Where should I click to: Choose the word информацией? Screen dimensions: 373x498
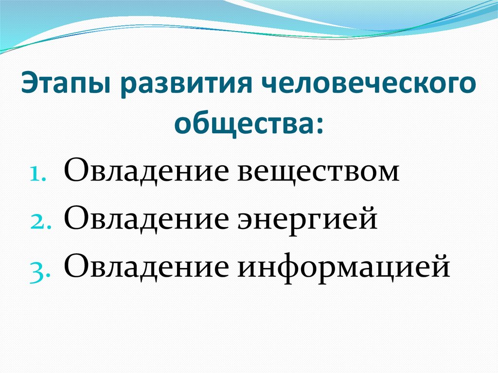[x=343, y=265]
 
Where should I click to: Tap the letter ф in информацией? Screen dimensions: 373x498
[x=295, y=266]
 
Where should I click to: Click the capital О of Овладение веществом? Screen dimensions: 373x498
[x=74, y=171]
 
